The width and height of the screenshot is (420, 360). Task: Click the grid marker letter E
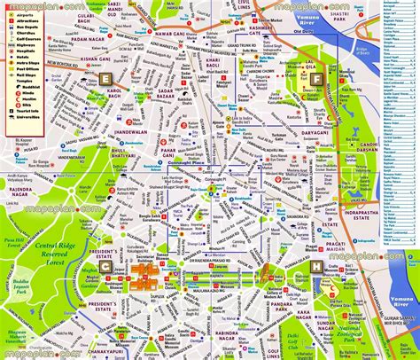click(105, 80)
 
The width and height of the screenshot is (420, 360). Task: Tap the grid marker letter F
click(315, 79)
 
